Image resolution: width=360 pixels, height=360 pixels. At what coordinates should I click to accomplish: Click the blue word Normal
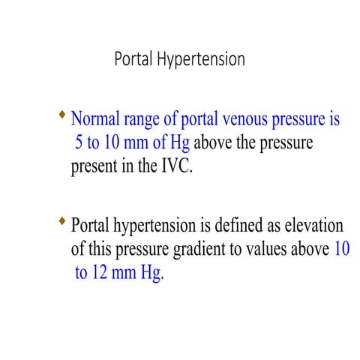coord(97,119)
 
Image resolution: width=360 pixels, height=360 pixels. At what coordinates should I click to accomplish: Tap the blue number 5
coord(79,142)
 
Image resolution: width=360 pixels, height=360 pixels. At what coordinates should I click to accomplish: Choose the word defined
coord(236,226)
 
